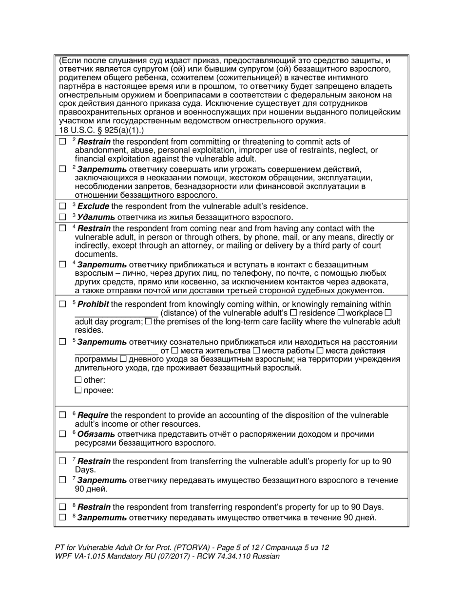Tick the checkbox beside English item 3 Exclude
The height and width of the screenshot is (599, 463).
tap(62, 206)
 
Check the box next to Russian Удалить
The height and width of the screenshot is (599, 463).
tap(62, 217)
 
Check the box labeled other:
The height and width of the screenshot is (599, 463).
tap(78, 380)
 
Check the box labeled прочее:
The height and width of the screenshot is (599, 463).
tap(78, 390)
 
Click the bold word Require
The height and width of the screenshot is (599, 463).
tap(93, 415)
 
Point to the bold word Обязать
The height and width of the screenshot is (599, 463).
tap(96, 434)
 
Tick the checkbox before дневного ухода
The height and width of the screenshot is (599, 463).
tap(123, 359)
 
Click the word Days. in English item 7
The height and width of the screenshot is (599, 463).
tap(85, 470)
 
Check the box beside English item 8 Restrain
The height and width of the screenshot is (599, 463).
tap(62, 507)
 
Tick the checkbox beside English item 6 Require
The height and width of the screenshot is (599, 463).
tap(62, 415)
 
